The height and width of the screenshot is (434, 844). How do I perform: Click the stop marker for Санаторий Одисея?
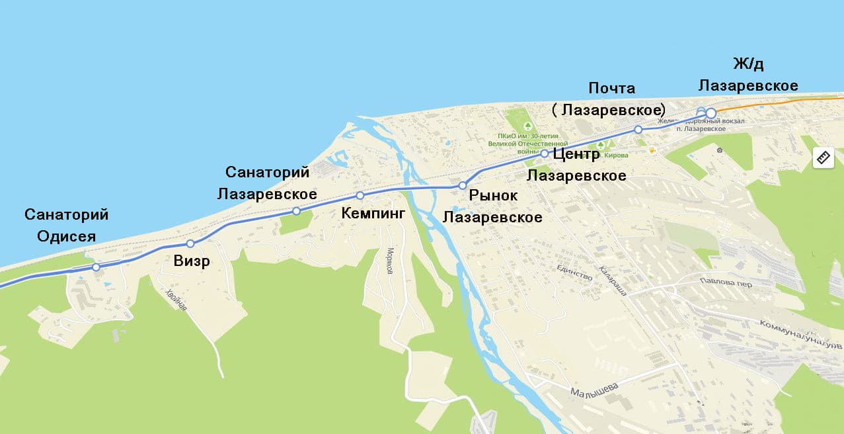(x=96, y=267)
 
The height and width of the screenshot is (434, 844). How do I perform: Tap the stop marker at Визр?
(x=190, y=243)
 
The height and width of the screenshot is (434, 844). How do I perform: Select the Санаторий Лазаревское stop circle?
(x=296, y=211)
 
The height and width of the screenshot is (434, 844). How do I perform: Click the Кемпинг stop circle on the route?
(x=360, y=195)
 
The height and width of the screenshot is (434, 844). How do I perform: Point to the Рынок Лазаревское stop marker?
(x=463, y=185)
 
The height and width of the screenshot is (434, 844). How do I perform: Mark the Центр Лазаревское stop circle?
(x=545, y=153)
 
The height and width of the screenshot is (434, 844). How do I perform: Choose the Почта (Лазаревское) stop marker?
(x=638, y=130)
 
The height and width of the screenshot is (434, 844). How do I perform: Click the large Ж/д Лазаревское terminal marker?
(x=710, y=112)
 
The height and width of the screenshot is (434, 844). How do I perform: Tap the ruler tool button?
(x=823, y=157)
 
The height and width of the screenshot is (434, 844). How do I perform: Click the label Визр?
(x=192, y=261)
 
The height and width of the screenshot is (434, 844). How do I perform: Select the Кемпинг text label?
(x=372, y=213)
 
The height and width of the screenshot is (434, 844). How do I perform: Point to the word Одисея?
(x=66, y=237)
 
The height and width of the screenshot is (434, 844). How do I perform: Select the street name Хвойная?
(x=176, y=301)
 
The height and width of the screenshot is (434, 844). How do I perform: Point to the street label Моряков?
(x=391, y=261)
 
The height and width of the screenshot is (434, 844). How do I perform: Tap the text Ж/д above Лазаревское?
(x=748, y=64)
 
